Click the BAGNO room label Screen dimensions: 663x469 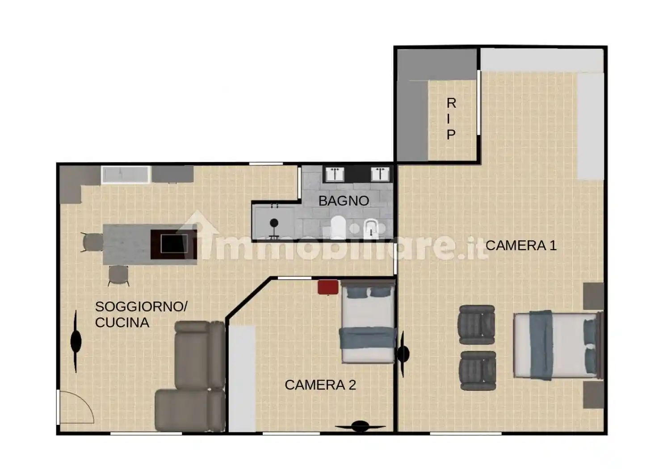pyautogui.click(x=344, y=201)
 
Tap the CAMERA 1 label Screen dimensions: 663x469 pyautogui.click(x=521, y=245)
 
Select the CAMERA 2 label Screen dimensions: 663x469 pyautogui.click(x=320, y=385)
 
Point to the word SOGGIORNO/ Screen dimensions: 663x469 pyautogui.click(x=141, y=307)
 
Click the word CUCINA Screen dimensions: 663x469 pyautogui.click(x=122, y=322)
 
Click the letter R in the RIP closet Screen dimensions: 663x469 pyautogui.click(x=451, y=103)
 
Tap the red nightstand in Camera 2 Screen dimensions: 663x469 pyautogui.click(x=328, y=287)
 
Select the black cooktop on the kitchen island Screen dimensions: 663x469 pyautogui.click(x=174, y=244)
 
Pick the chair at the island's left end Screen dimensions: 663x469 pyautogui.click(x=92, y=242)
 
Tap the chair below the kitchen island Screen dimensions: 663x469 pyautogui.click(x=118, y=276)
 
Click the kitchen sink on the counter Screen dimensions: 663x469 pyautogui.click(x=125, y=175)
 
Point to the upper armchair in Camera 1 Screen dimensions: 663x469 pyautogui.click(x=476, y=325)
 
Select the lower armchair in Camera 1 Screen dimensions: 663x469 pyautogui.click(x=478, y=371)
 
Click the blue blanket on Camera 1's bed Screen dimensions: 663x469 pyautogui.click(x=541, y=345)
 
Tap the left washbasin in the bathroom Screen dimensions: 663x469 pyautogui.click(x=335, y=174)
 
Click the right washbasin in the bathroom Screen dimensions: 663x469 pyautogui.click(x=380, y=174)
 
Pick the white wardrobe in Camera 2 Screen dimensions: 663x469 pyautogui.click(x=242, y=378)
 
